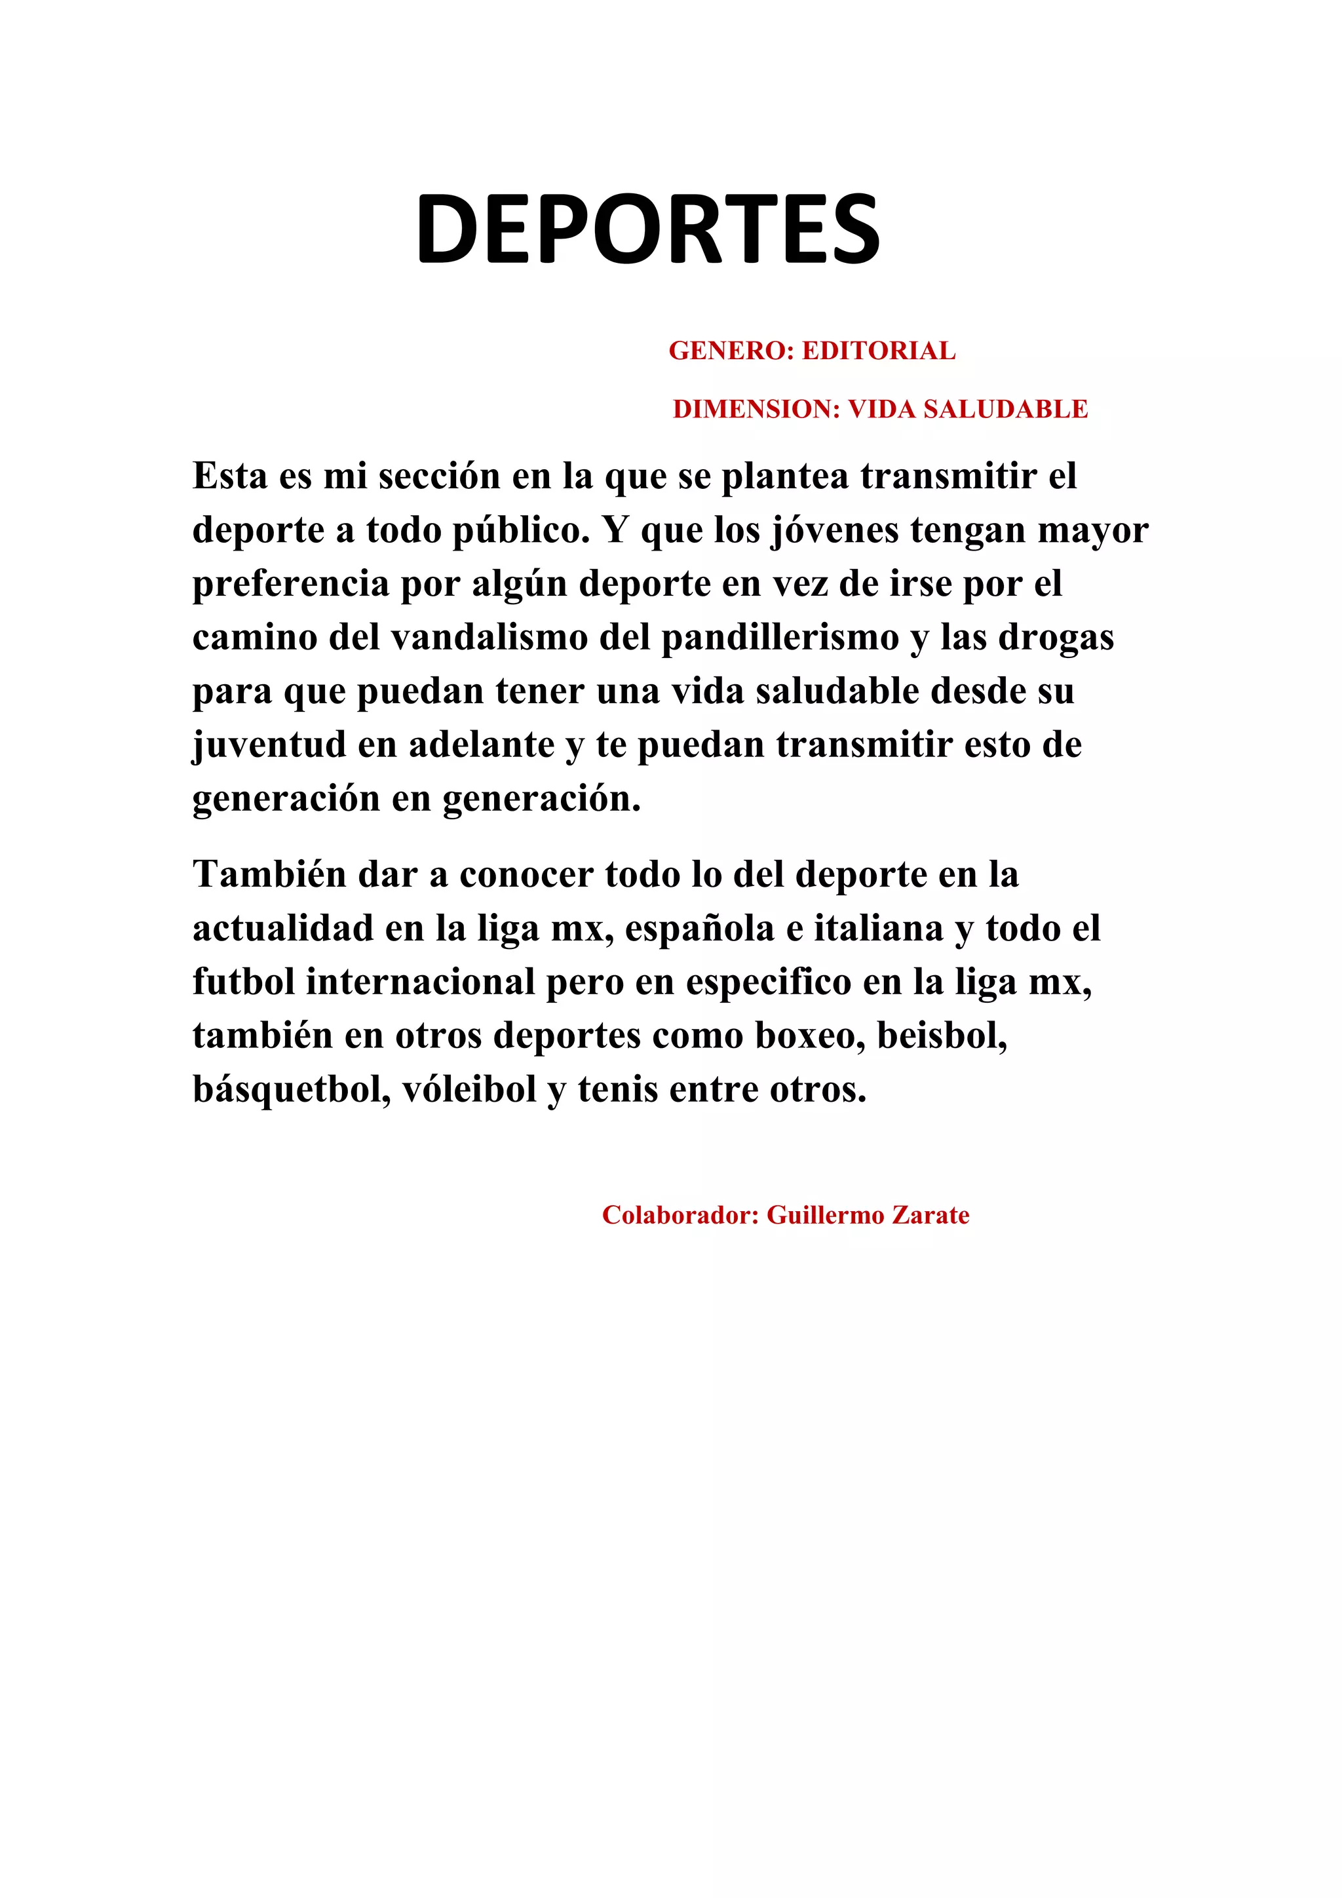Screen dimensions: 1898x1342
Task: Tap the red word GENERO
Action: (729, 351)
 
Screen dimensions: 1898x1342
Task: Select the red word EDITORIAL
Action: (879, 351)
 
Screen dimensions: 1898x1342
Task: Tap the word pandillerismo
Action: (779, 637)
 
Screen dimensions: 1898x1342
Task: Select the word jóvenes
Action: (835, 530)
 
